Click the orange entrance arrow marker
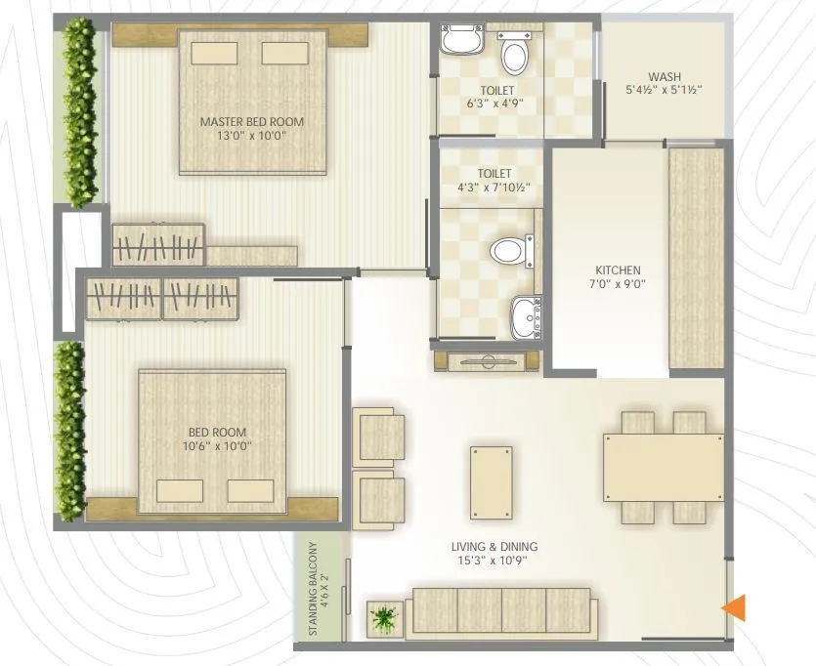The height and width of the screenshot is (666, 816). pos(734,607)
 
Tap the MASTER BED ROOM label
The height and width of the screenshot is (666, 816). pos(251,122)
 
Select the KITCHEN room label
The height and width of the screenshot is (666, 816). pos(618,271)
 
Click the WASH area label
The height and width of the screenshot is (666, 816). pos(665,77)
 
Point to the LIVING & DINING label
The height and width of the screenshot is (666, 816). pos(494,547)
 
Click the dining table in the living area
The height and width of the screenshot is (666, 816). pos(664,468)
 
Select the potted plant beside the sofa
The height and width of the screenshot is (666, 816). pos(383,617)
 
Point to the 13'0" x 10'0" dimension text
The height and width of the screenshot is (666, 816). pos(251,137)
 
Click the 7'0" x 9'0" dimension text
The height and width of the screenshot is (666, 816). pos(618,285)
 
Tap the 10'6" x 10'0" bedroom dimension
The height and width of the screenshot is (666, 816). pos(217,446)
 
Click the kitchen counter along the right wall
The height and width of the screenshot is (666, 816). pos(696,259)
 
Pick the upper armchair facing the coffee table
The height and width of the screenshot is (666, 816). pos(379,436)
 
